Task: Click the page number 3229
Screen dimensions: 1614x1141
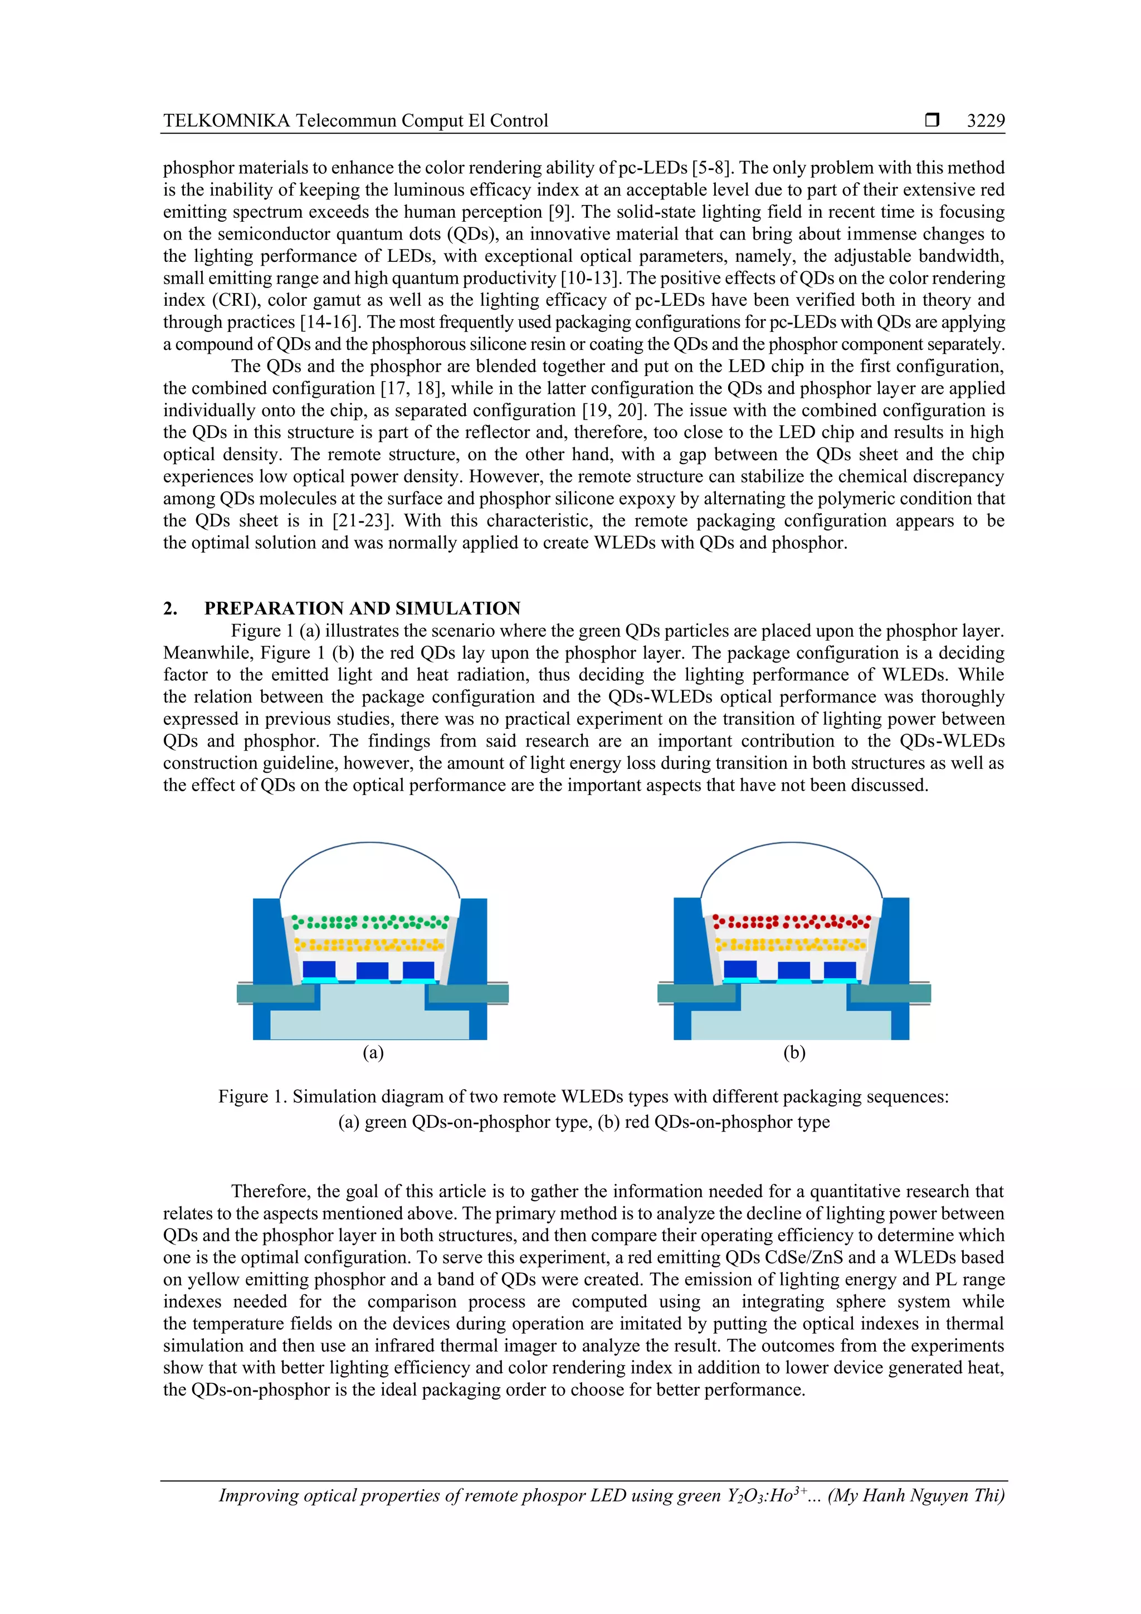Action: (985, 121)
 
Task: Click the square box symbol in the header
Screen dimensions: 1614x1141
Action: (932, 120)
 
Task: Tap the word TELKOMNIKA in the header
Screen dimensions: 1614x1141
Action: (226, 121)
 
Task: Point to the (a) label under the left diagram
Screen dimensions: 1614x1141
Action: (373, 1052)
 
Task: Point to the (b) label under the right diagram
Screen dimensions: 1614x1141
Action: (794, 1052)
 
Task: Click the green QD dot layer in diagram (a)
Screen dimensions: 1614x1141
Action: (370, 921)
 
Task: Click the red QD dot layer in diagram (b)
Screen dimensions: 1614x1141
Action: (792, 921)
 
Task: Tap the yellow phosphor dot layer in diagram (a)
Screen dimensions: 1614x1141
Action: (370, 945)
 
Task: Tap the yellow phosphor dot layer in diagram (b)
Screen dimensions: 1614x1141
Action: (792, 944)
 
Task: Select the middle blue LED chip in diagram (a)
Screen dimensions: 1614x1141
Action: (372, 970)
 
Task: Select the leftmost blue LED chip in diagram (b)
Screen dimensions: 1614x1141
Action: (739, 969)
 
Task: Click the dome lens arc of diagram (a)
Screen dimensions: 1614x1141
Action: (370, 843)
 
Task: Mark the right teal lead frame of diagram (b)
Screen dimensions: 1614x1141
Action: (891, 993)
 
